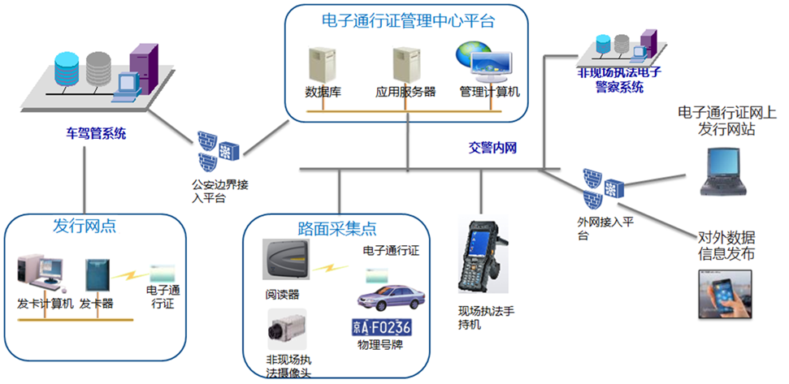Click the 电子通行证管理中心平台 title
407,21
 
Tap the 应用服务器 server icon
405,64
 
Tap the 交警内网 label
492,148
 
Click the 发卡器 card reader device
96,277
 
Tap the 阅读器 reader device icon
285,258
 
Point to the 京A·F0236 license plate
381,328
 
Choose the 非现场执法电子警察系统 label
619,79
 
